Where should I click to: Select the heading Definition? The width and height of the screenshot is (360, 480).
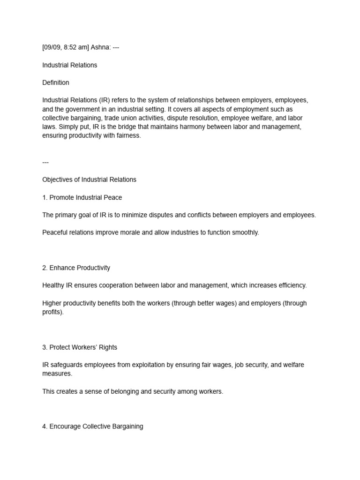[56, 82]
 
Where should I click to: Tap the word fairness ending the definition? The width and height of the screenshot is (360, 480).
[128, 135]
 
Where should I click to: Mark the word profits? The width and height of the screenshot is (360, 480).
[52, 312]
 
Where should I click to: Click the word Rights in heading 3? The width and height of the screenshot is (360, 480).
[107, 347]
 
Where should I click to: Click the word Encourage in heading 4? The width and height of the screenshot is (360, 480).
[65, 427]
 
